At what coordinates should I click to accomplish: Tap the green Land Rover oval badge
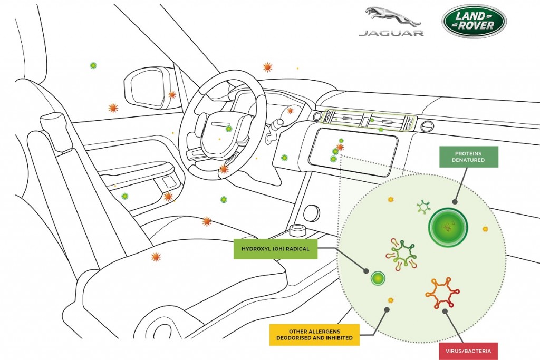pos(474,21)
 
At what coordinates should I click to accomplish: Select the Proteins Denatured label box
pos(468,157)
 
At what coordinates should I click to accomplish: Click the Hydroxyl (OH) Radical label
pos(275,249)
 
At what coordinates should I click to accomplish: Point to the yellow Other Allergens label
pos(314,335)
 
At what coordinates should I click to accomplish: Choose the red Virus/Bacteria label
pos(468,351)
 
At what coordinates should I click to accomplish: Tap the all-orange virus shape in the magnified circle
pos(442,293)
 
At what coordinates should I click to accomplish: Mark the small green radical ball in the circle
pos(378,278)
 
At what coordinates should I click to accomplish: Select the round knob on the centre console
pos(312,213)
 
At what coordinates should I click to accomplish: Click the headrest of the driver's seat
pos(53,130)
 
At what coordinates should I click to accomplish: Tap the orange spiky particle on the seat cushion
pos(156,257)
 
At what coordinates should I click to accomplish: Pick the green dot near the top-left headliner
pos(93,65)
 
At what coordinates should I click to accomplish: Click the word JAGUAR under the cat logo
pos(391,33)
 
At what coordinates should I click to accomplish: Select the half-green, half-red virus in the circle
pos(401,253)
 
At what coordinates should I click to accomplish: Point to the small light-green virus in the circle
pos(423,207)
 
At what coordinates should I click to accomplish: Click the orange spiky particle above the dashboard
pos(267,67)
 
